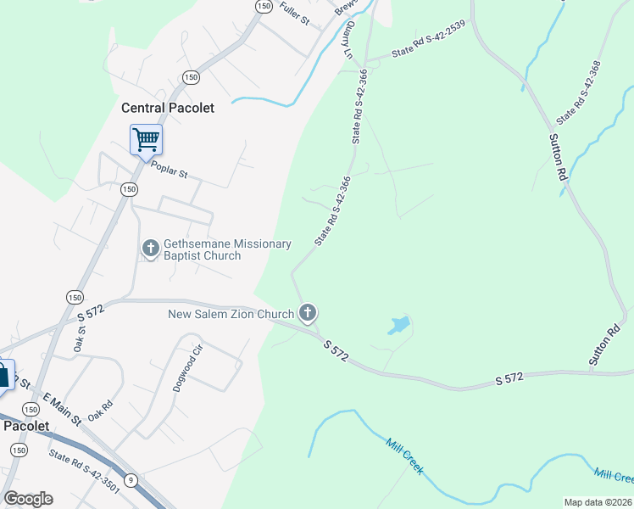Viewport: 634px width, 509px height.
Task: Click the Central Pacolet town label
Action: tap(168, 108)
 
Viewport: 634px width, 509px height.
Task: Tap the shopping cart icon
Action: tap(146, 138)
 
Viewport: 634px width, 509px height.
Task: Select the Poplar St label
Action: tap(169, 169)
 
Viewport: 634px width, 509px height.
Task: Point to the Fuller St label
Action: tap(292, 14)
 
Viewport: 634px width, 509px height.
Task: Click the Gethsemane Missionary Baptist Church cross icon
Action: tap(150, 249)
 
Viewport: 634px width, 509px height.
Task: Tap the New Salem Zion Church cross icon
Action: tap(308, 313)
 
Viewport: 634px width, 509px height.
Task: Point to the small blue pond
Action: tap(399, 324)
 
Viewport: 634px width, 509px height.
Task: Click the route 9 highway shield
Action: tap(131, 479)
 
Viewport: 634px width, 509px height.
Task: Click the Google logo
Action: tap(28, 499)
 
